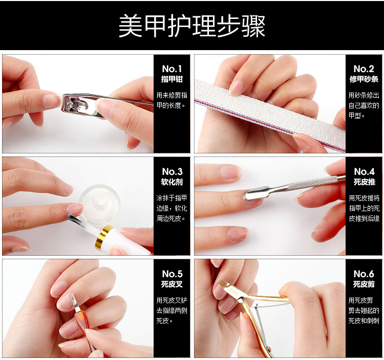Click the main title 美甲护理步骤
point(192,26)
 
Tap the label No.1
point(172,69)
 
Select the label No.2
point(364,69)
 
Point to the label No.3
point(172,172)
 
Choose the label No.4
point(364,172)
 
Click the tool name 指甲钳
point(172,79)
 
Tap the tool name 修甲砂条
point(364,79)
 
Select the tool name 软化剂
point(172,182)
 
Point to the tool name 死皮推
point(364,182)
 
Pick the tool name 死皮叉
point(172,284)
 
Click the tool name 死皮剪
point(364,284)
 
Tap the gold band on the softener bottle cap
point(103,238)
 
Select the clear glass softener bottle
point(100,201)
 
